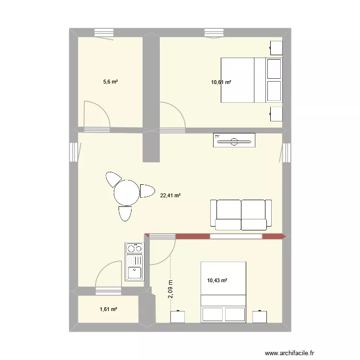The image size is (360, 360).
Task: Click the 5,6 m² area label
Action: click(110, 82)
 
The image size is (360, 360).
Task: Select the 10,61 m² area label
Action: click(221, 82)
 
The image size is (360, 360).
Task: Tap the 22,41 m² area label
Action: click(170, 195)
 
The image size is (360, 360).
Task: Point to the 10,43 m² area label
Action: click(217, 280)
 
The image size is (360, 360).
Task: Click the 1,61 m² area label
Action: click(108, 309)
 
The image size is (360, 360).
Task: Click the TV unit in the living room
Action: click(234, 141)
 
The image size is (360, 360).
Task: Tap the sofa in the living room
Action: click(241, 214)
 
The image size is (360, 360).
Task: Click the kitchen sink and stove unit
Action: click(134, 262)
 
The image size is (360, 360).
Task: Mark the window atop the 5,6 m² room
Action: click(104, 33)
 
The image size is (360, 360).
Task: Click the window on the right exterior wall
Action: click(287, 153)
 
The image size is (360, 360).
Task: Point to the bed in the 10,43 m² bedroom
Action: click(223, 291)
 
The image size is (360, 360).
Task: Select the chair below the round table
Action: click(125, 214)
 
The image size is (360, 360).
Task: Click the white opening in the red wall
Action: click(236, 236)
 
